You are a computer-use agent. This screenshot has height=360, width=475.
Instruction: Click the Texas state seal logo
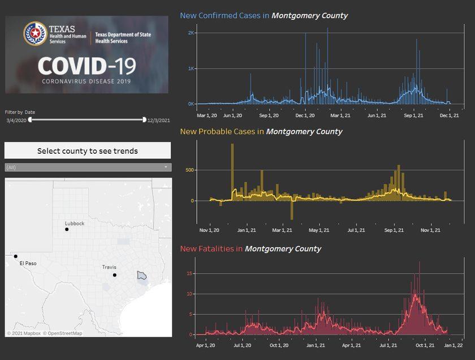point(35,34)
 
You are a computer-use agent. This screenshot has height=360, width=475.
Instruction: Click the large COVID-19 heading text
point(87,67)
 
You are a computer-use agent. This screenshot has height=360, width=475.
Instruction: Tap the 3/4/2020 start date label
point(16,120)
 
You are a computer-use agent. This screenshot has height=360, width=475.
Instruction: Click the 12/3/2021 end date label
point(159,120)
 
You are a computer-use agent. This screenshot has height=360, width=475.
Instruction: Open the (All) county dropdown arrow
point(166,167)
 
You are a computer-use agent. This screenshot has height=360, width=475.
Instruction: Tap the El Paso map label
point(28,263)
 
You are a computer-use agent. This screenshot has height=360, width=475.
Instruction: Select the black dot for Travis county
point(114,275)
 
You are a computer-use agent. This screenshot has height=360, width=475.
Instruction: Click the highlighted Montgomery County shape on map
point(142,275)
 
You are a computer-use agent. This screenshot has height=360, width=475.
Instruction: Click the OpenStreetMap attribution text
point(63,333)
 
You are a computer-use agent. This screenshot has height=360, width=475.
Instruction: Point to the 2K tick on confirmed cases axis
point(191,33)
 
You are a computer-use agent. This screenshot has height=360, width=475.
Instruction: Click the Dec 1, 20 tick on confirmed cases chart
point(305,115)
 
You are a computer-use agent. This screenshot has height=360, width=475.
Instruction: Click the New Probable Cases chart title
point(261,132)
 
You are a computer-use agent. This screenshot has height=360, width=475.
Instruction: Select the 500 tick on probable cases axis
point(189,170)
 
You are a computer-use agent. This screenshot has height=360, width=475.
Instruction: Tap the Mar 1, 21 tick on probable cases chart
point(282,231)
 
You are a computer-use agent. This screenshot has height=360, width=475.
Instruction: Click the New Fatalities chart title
point(251,249)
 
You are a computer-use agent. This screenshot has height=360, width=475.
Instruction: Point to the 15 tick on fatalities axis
point(191,274)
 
